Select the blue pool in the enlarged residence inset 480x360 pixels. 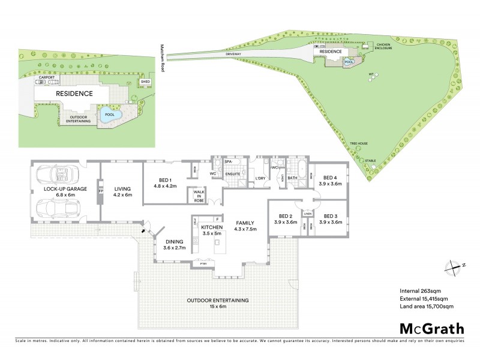click(110, 115)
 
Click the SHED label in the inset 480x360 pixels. click(145, 81)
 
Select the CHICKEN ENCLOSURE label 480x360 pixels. click(384, 46)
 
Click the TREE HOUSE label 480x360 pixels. click(358, 143)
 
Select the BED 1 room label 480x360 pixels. click(166, 183)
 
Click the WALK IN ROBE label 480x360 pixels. click(197, 196)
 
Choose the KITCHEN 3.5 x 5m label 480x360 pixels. click(212, 231)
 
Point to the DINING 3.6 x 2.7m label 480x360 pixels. click(175, 244)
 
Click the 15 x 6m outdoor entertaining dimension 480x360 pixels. click(217, 307)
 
